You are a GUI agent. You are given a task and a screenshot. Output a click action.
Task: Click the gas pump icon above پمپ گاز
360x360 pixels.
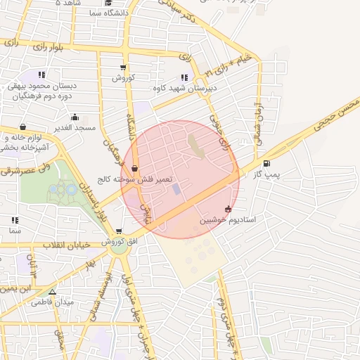[265, 164]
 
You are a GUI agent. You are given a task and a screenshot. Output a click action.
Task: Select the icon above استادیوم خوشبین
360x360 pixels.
[227, 210]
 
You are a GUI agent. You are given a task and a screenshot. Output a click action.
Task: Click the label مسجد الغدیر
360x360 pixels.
[76, 127]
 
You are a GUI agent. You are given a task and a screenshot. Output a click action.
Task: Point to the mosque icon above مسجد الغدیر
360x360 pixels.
[75, 117]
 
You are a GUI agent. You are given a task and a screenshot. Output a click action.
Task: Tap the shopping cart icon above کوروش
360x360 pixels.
[124, 68]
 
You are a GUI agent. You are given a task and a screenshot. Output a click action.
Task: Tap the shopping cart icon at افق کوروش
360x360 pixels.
[120, 231]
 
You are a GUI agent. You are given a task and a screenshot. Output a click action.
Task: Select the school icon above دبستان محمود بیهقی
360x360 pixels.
[42, 74]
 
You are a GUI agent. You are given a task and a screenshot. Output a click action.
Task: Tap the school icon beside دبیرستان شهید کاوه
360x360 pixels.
[184, 77]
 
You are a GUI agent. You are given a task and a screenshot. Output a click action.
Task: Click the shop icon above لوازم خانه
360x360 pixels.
[22, 127]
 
